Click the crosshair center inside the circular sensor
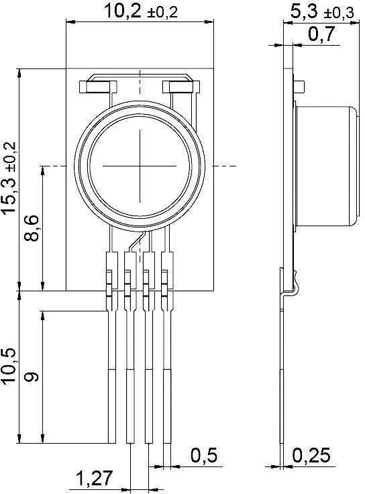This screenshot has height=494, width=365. point(141,164)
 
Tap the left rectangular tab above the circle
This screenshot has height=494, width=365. point(98,87)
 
